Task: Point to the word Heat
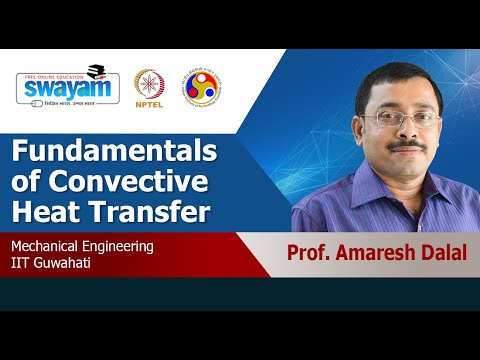pos(44,212)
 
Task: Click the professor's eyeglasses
pos(404,118)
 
